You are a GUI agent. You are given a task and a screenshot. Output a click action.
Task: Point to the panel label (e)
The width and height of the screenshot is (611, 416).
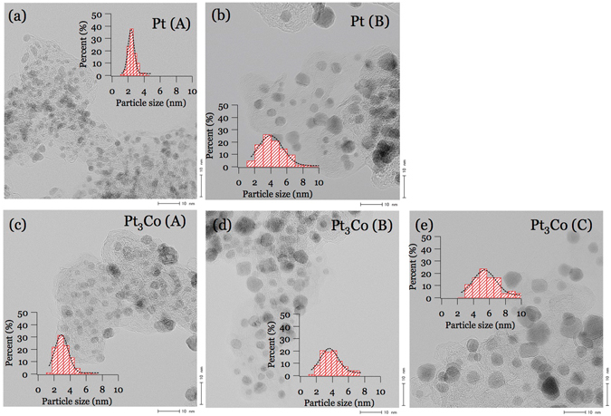[421, 223]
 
